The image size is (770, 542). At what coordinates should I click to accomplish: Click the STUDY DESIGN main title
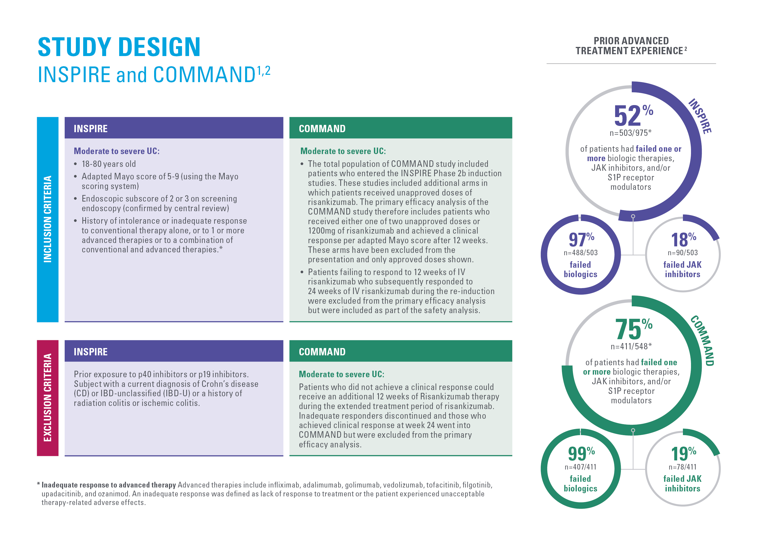[119, 47]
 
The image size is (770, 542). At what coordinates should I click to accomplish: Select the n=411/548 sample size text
[631, 346]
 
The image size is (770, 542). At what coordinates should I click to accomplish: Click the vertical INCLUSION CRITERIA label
[48, 219]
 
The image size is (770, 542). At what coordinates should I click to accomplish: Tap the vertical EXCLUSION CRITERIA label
[48, 398]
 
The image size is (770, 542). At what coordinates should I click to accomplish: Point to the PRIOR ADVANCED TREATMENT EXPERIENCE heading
[631, 46]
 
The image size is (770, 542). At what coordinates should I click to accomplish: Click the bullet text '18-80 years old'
[109, 164]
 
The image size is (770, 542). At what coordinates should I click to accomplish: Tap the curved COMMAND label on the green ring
[702, 341]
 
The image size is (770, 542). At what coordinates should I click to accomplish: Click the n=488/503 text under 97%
[580, 253]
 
